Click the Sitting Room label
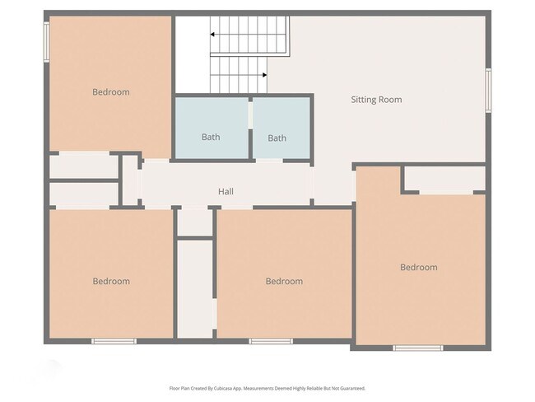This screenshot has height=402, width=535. pos(376,100)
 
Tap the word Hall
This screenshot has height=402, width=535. pos(226,192)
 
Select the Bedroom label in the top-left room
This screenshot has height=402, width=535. pos(110,92)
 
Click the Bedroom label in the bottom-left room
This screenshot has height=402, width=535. pos(110,281)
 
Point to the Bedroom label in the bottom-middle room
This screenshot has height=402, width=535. pos(284,281)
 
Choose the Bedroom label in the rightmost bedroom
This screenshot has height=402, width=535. pos(418,267)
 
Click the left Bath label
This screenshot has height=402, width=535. pos(211,137)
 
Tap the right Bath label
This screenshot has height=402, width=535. pos(277,138)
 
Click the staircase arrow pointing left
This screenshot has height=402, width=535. pos(212,35)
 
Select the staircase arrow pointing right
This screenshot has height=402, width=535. pos(263,75)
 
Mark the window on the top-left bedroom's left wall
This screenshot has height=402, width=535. pos(47,40)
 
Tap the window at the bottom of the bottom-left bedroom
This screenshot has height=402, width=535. pos(114,340)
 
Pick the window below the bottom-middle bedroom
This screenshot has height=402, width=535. pos(271,340)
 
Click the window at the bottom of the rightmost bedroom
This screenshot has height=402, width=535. pos(417,348)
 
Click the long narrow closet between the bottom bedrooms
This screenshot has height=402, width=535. pos(195,288)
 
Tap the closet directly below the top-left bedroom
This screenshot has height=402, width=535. pos(84,166)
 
